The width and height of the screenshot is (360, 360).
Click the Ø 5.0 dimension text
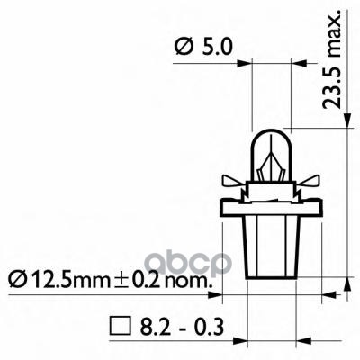[202, 45]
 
